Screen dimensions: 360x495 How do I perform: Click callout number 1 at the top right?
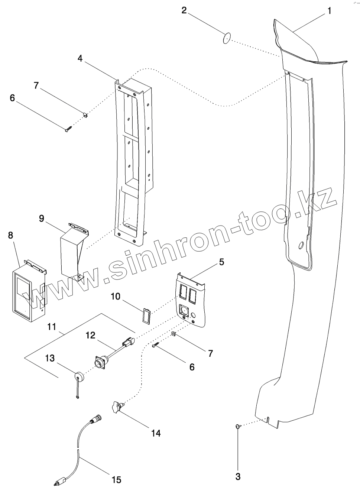click(329, 11)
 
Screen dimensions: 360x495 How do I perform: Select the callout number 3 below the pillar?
click(238, 476)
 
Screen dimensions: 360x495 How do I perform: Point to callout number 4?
click(80, 58)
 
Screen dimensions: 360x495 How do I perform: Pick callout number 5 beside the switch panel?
click(221, 262)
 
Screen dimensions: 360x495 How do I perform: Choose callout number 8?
click(10, 235)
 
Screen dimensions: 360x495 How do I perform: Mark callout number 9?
click(42, 218)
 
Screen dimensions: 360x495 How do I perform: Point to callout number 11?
click(52, 327)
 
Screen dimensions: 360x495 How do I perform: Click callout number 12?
click(91, 335)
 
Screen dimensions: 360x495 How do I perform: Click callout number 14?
click(156, 433)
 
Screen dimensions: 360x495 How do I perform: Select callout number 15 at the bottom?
click(116, 480)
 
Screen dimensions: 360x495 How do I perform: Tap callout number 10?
click(116, 296)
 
